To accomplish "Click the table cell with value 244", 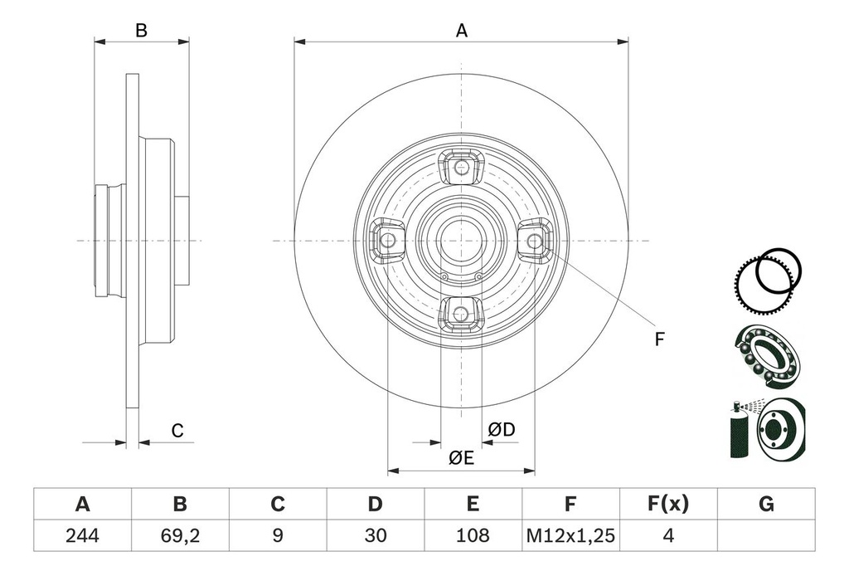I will tap(82, 535).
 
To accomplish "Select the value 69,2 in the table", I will tap(180, 535).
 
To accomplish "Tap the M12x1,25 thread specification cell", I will tap(570, 535).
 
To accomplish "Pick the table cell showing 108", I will tap(473, 535).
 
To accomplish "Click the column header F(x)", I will tap(667, 504).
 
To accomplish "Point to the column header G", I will tap(766, 504).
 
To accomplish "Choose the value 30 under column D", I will tap(375, 535).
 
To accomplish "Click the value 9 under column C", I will tap(278, 535).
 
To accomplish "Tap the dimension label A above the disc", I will tap(462, 31).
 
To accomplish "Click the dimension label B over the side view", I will tap(142, 31).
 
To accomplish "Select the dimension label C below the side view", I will tap(177, 431).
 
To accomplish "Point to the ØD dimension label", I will tap(502, 429).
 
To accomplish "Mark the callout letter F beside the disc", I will tap(660, 339).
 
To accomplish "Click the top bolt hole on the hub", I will tap(461, 168).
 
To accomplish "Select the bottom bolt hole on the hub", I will tap(461, 313).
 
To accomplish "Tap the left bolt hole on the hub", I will tap(388, 241).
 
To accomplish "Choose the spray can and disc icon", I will tap(766, 430).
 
